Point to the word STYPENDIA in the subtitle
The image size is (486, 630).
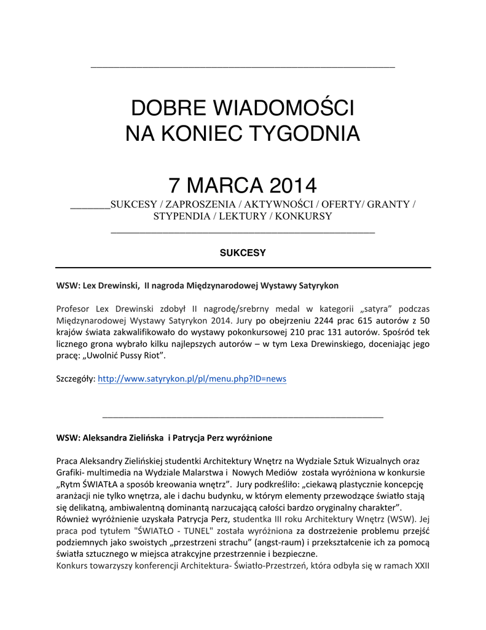click(x=181, y=216)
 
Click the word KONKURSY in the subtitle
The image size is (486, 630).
click(x=304, y=216)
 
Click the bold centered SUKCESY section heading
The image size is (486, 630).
click(x=243, y=252)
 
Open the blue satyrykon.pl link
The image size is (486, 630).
click(x=192, y=379)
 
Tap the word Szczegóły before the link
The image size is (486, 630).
click(x=75, y=379)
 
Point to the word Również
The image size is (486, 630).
click(x=72, y=519)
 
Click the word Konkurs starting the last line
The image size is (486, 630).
click(x=73, y=565)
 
